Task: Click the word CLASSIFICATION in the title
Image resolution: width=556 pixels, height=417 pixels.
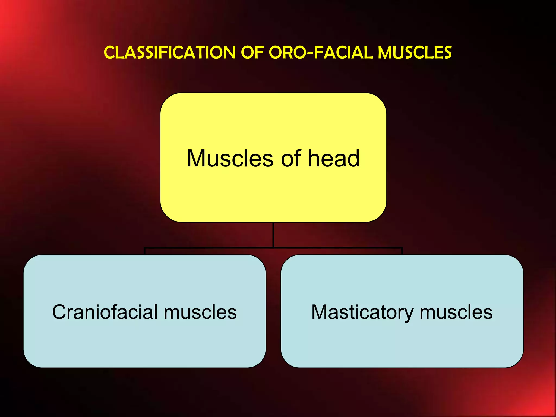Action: point(170,52)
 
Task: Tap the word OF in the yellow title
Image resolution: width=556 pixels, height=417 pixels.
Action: point(252,52)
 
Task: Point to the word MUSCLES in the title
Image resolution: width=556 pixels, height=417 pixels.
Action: point(415,52)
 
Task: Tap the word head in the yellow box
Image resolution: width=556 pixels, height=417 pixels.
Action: point(334,158)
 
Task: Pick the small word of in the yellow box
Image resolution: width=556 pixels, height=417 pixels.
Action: point(291,158)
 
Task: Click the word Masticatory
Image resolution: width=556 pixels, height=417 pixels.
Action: point(362,312)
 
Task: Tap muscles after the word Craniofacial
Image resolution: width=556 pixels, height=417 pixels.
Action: point(200,312)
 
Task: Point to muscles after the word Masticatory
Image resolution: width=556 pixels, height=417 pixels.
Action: point(456,312)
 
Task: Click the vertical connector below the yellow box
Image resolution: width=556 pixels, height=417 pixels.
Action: point(273,235)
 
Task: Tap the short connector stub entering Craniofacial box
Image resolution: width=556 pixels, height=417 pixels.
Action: point(145,251)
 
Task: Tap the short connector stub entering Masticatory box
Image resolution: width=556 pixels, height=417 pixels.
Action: point(402,251)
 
